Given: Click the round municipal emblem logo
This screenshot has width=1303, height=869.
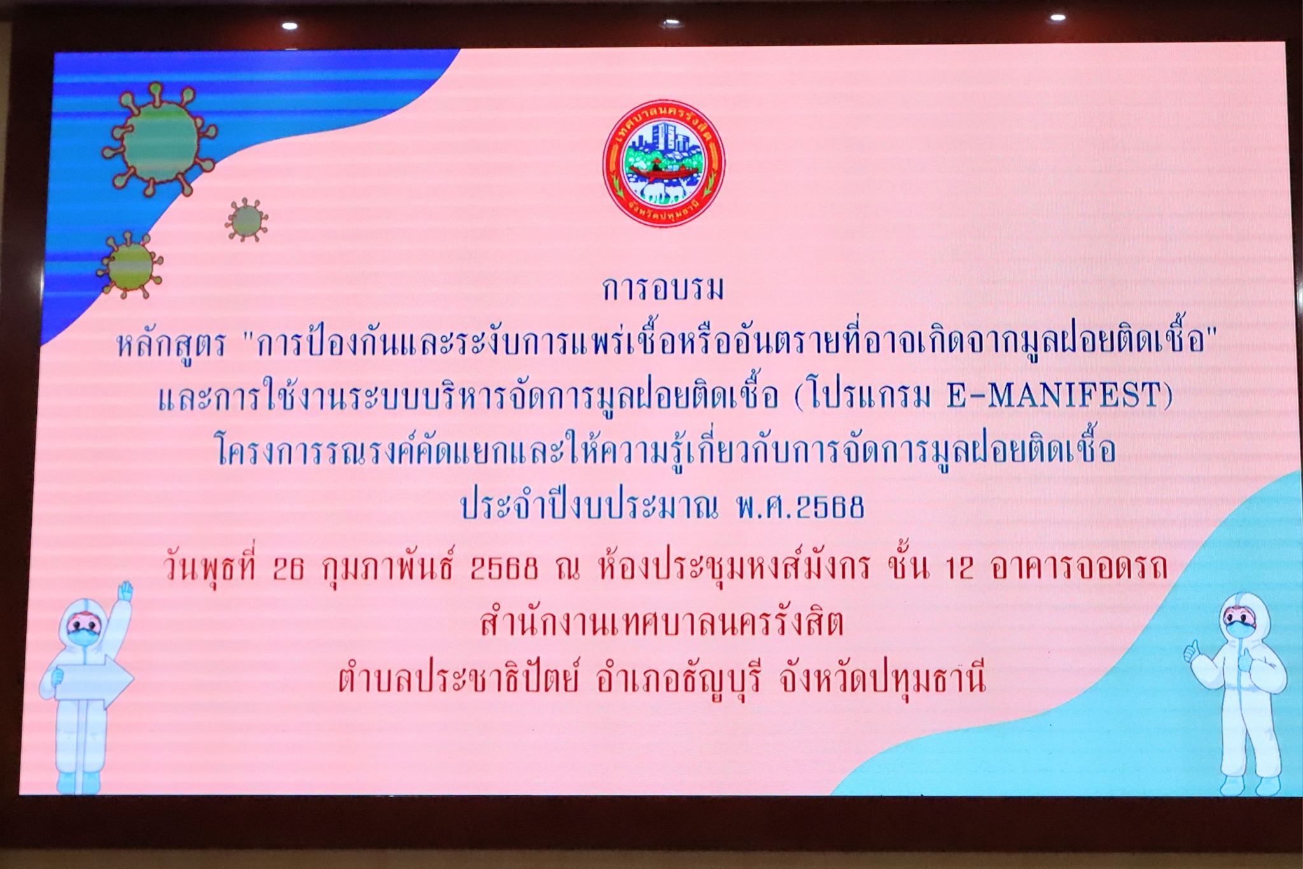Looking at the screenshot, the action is coord(664,164).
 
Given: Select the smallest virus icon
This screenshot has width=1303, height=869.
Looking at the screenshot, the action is coord(246,220).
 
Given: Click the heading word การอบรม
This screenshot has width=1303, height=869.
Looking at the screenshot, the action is coord(663,288).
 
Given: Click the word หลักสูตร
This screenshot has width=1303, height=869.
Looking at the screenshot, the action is coord(171,344).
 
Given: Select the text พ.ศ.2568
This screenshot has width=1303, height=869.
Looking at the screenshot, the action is coord(800,507).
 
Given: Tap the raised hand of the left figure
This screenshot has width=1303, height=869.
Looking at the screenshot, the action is coord(125,591).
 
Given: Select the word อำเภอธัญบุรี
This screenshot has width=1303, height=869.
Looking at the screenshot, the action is coord(678,680).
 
